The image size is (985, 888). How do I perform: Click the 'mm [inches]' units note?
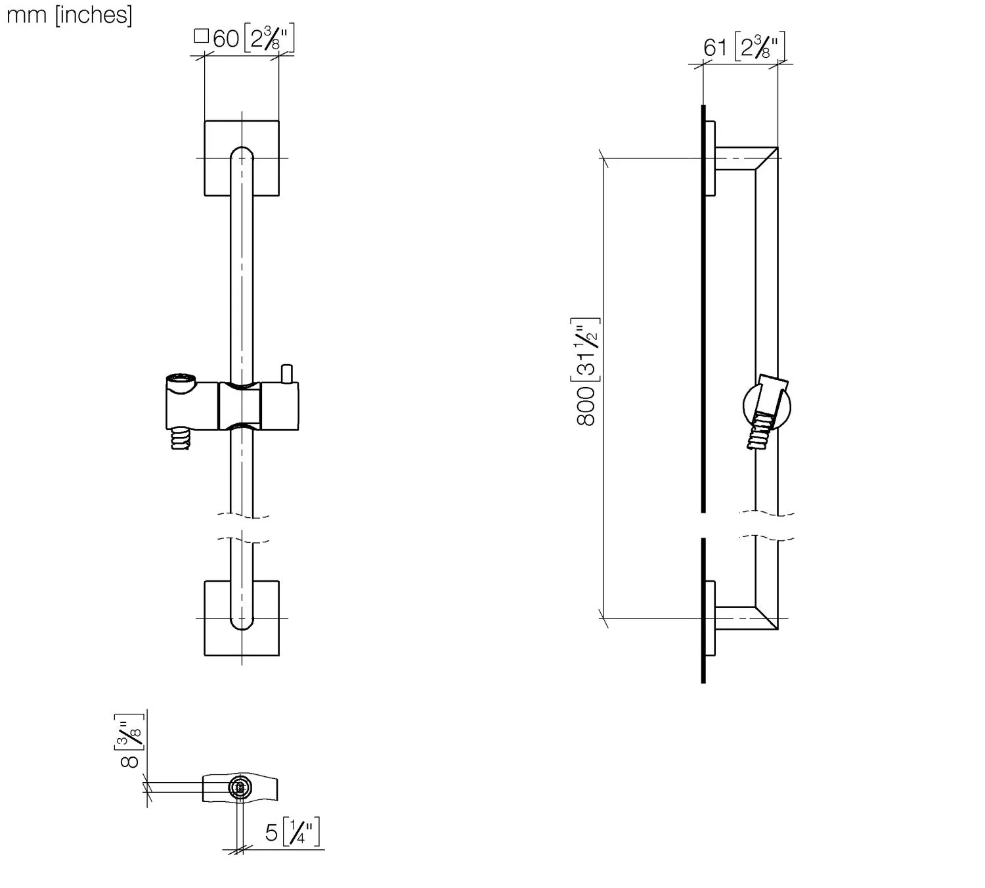click(69, 15)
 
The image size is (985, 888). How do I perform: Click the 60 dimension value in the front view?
click(226, 39)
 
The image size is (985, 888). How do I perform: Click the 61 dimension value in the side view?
click(715, 48)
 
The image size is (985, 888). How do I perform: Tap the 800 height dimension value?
click(585, 406)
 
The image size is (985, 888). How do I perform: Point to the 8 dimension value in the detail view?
click(129, 762)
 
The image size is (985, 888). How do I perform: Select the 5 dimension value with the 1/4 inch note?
click(272, 833)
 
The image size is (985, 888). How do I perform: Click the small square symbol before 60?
click(202, 36)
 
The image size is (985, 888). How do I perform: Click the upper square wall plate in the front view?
click(242, 158)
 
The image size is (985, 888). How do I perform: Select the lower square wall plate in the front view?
click(242, 618)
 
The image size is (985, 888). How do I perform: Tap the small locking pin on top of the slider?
click(286, 373)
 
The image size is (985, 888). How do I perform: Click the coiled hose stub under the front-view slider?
click(180, 439)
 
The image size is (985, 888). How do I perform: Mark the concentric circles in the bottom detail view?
click(240, 787)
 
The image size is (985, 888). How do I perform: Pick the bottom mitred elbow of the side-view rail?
click(766, 618)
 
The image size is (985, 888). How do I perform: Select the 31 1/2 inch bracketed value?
click(585, 350)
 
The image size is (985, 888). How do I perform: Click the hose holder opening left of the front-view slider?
click(181, 381)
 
